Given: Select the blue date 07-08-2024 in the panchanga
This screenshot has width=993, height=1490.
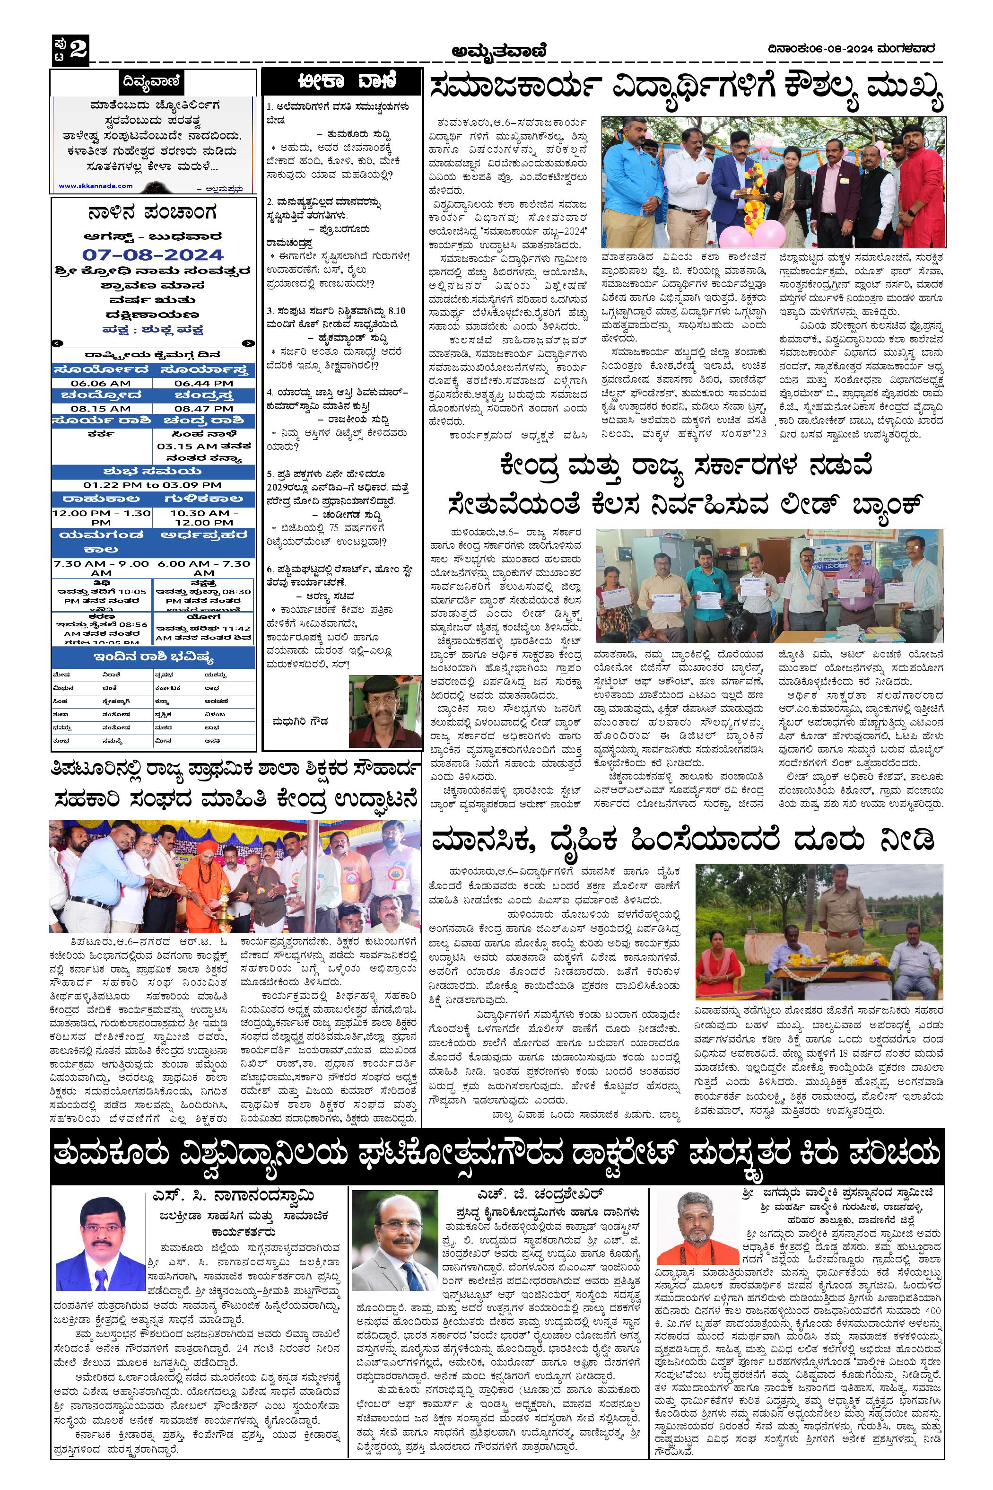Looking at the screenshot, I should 153,254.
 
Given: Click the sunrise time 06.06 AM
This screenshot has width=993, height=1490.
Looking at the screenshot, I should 101,383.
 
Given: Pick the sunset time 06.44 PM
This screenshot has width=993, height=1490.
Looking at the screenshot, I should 203,383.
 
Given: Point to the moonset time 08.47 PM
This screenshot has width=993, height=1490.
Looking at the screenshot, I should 203,409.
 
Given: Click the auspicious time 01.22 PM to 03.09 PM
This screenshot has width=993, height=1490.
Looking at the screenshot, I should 153,485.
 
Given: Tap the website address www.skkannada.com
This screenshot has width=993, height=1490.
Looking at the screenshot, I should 96,185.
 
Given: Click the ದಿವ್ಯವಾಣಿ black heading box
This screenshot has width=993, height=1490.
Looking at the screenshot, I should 153,82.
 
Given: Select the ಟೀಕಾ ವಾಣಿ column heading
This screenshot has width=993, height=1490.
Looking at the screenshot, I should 342,83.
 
